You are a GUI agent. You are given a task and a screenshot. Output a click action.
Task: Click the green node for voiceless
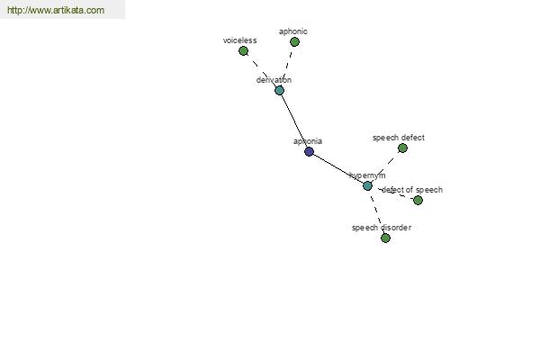click(x=243, y=51)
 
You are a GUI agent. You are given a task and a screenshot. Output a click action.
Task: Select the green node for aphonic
click(x=294, y=42)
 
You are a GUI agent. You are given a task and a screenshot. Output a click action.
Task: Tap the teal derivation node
click(x=279, y=91)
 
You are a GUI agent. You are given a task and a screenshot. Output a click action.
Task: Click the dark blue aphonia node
click(x=309, y=152)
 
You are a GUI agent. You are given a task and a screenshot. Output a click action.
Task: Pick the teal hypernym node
click(x=367, y=185)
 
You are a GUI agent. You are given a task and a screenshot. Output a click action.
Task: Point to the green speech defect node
click(x=402, y=148)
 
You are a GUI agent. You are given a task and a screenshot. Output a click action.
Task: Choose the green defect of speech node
click(x=418, y=200)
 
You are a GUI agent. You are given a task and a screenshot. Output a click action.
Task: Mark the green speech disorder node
click(x=385, y=238)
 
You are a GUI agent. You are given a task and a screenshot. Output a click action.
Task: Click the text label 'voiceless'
click(x=239, y=40)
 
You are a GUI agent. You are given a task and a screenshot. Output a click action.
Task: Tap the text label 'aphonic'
click(x=292, y=31)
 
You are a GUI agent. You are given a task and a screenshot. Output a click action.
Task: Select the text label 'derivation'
click(x=274, y=80)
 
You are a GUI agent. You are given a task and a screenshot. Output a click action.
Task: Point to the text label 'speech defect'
click(x=398, y=138)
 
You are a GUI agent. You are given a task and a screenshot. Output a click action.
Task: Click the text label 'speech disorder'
click(x=381, y=228)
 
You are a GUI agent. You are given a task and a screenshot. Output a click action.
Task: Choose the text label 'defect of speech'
click(x=412, y=190)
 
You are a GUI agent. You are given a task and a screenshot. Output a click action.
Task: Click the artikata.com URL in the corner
click(x=56, y=11)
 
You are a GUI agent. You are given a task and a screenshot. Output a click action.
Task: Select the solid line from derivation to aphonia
click(x=294, y=121)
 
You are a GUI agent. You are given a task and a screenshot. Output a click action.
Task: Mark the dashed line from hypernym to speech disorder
click(x=376, y=212)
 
